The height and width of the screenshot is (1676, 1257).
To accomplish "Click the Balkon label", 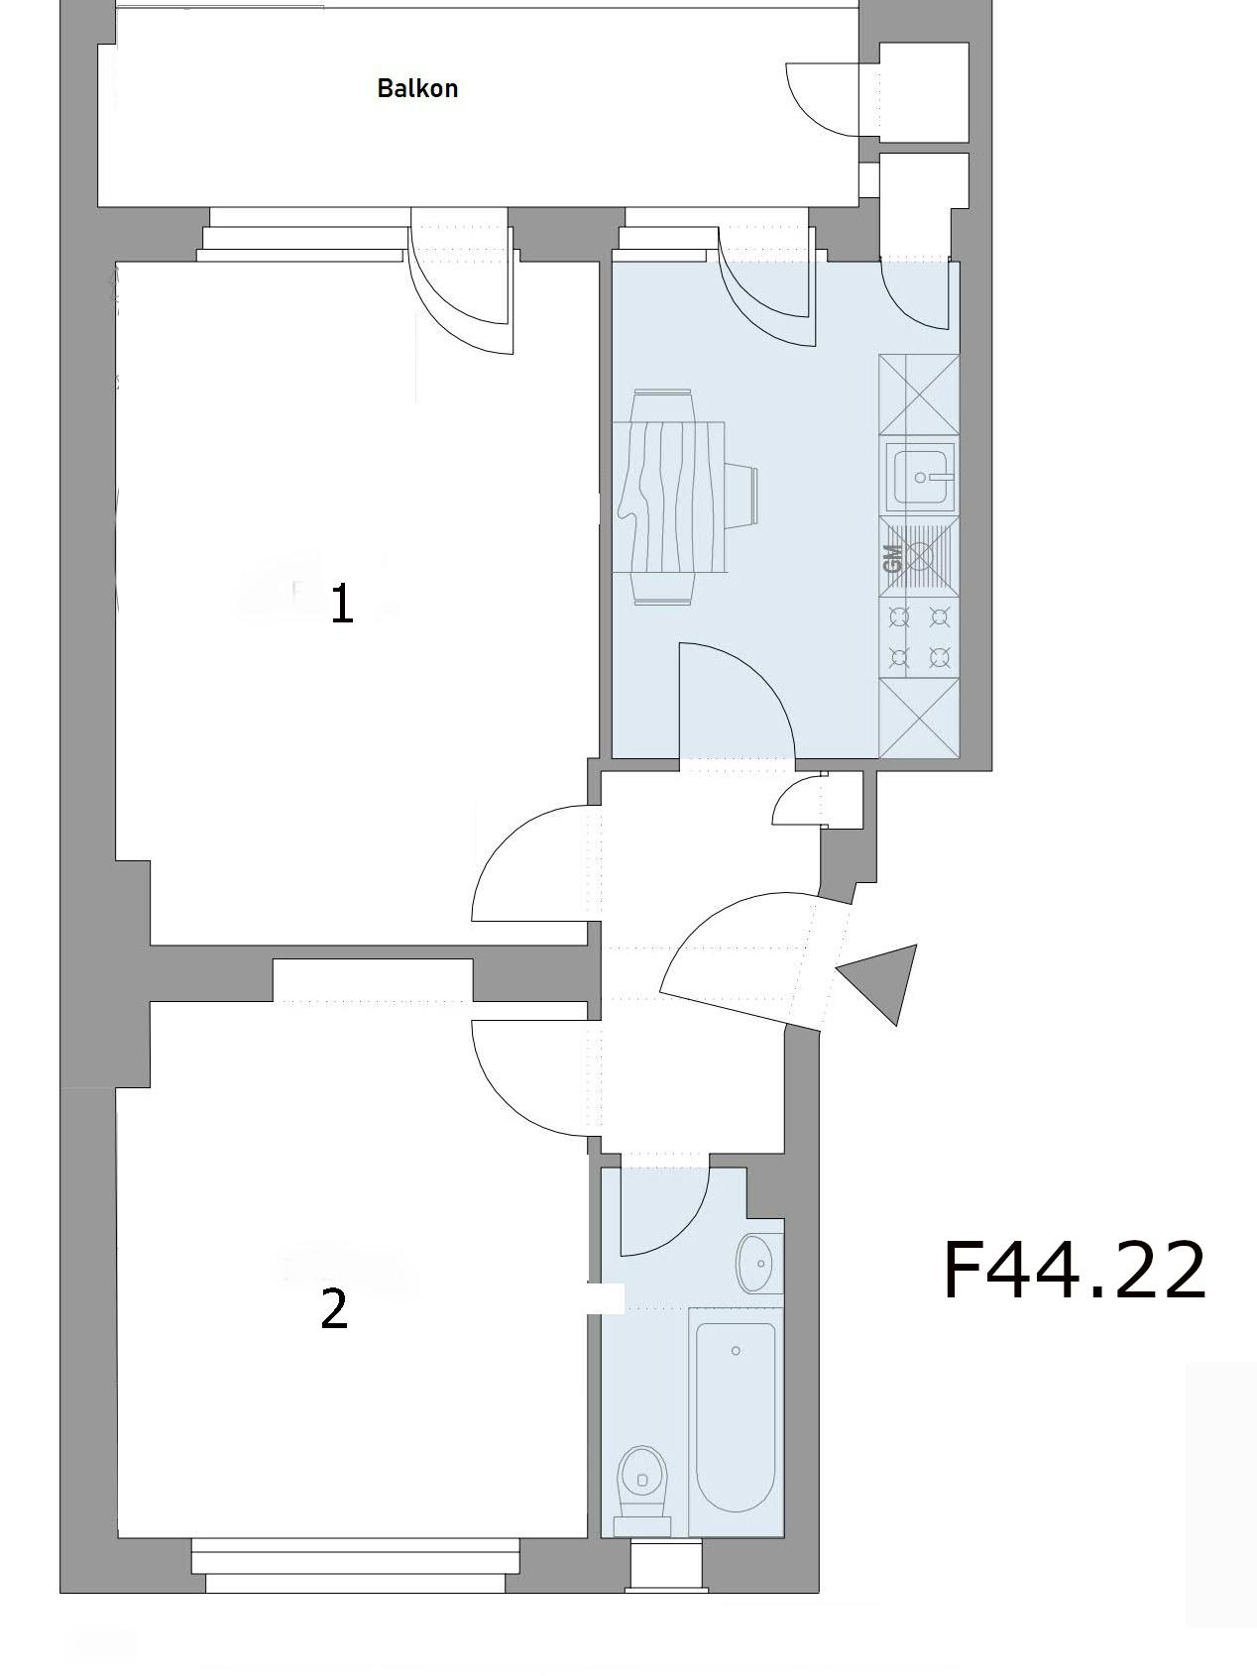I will tap(417, 88).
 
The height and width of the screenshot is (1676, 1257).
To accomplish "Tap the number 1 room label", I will tap(341, 604).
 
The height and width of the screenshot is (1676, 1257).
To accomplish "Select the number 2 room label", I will tap(335, 1309).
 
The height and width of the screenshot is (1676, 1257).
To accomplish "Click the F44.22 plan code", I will tap(1074, 1271).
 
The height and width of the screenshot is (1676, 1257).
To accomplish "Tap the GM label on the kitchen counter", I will tap(892, 559).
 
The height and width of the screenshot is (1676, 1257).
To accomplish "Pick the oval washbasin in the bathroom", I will tap(758, 1263).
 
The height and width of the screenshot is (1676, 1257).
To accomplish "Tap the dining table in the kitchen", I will tap(670, 497).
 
